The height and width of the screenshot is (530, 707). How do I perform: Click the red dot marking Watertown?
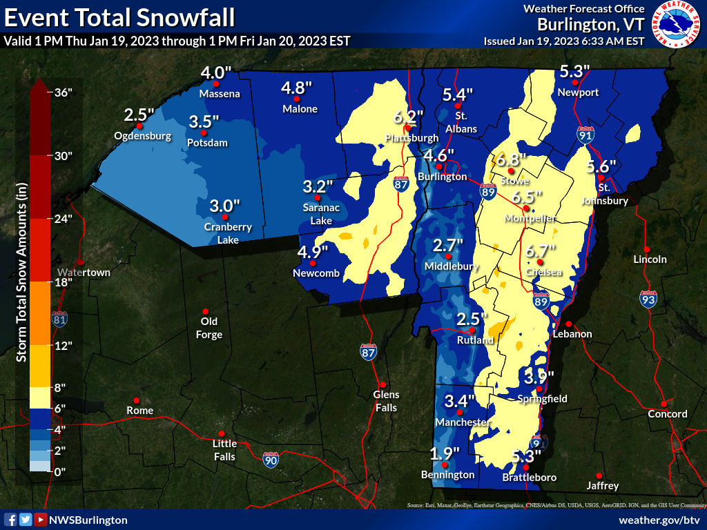point(81,262)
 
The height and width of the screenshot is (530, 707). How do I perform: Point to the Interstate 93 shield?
point(648,299)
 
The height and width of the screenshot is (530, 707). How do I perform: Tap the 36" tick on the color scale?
point(64,92)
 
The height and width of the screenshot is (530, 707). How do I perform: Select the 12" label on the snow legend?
point(64,346)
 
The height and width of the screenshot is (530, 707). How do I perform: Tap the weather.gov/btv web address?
point(659,520)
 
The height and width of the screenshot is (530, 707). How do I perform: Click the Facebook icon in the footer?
point(10,520)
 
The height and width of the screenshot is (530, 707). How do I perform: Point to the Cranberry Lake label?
point(228,233)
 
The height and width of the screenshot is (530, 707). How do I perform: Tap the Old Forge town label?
point(209,328)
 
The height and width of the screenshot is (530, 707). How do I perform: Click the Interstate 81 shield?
point(60,319)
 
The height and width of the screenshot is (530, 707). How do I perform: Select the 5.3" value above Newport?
point(574,71)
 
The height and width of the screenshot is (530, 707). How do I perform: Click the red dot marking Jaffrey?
point(599,475)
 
